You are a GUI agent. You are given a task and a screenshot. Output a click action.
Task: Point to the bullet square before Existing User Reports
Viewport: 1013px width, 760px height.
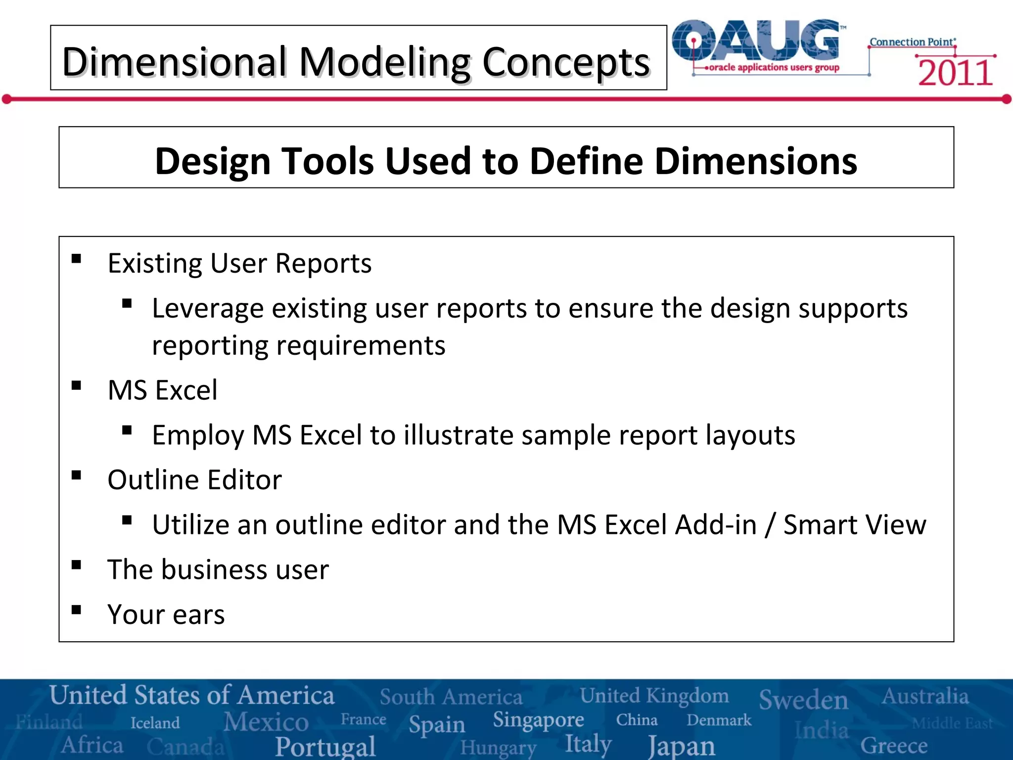point(76,259)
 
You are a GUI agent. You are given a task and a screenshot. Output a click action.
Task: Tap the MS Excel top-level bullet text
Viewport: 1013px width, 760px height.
point(162,390)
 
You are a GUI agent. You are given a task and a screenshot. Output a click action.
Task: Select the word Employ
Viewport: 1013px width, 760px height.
point(198,435)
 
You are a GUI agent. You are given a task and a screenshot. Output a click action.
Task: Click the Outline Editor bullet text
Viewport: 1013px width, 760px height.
point(194,479)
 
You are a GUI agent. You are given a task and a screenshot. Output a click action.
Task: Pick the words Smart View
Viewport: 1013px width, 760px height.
point(854,524)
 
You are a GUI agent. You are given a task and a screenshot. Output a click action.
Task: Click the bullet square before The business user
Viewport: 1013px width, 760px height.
point(76,565)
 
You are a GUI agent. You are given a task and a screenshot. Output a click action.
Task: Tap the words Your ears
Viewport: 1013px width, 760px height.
point(166,615)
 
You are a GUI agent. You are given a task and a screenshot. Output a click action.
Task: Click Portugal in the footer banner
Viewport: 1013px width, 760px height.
point(325,746)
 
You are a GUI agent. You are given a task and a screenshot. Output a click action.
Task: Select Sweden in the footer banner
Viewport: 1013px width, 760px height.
point(803,699)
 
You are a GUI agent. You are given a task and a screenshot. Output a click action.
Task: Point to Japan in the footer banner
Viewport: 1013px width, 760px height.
point(682,746)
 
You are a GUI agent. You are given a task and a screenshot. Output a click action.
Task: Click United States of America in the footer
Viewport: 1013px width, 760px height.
point(192,695)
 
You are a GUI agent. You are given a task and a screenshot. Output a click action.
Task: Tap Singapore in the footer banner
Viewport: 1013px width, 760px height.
point(538,720)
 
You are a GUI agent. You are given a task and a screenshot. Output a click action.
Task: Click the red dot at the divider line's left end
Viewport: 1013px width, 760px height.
point(6,99)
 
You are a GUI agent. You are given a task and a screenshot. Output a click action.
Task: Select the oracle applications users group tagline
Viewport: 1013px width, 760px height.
point(774,67)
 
